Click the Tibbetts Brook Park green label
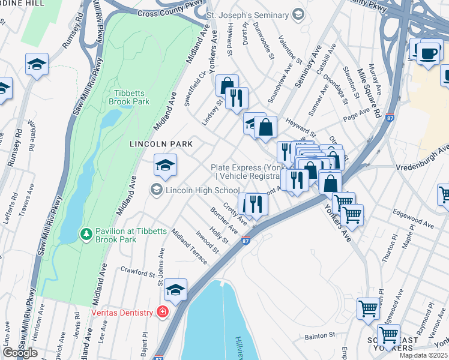pos(128,97)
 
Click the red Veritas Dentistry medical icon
pos(161,311)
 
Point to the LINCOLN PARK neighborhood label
pos(161,144)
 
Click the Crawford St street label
pos(137,272)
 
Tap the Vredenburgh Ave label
pos(422,157)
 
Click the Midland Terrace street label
pos(189,247)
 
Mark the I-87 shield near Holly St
pos(246,241)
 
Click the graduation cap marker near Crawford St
pos(175,290)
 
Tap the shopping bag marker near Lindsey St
pos(227,86)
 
